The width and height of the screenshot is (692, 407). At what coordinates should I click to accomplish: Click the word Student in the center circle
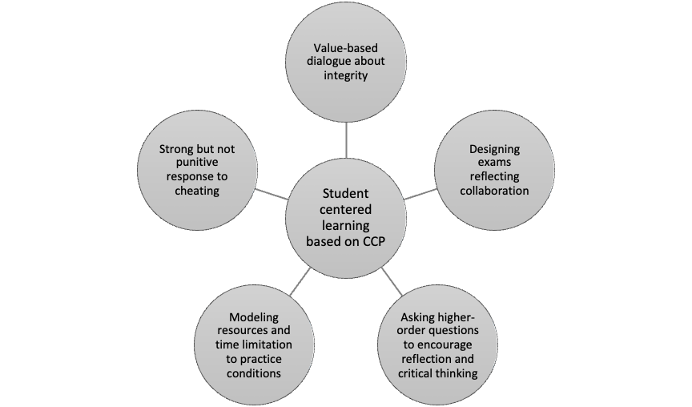(x=347, y=192)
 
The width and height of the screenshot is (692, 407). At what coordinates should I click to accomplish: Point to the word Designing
(x=494, y=149)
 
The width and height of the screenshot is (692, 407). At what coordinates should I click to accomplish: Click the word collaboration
(x=494, y=191)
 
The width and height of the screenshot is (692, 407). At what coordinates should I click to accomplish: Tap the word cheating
(x=196, y=191)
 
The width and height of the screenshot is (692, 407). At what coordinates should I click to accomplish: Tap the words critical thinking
(x=437, y=374)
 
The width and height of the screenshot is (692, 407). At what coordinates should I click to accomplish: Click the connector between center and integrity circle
(x=347, y=139)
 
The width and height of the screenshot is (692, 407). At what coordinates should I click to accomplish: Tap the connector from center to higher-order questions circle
(x=392, y=280)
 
